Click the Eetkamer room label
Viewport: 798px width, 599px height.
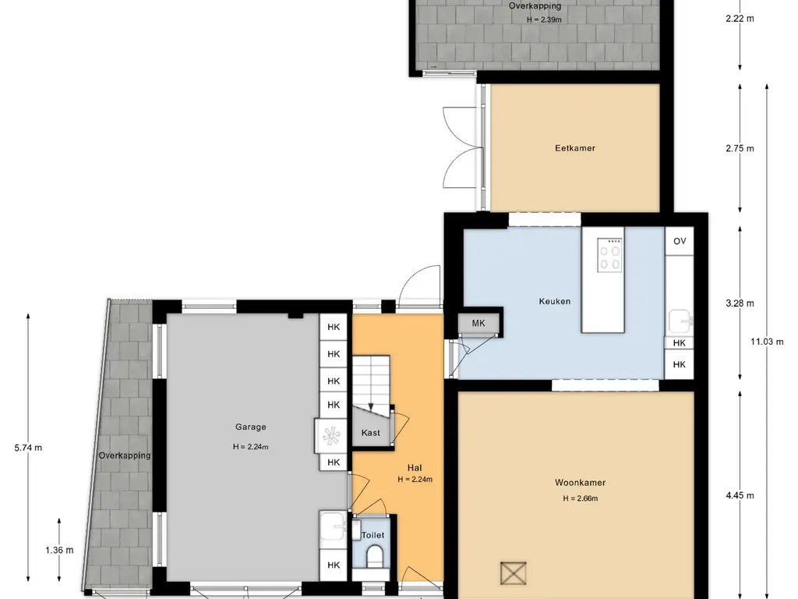pos(574,148)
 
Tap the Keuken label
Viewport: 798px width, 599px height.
pos(554,301)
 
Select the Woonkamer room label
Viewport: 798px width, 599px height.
pos(580,482)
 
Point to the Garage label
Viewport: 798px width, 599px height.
pos(250,427)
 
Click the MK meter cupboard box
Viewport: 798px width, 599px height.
pos(478,323)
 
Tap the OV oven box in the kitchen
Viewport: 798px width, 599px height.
pos(680,241)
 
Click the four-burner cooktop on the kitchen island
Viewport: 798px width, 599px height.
pos(610,254)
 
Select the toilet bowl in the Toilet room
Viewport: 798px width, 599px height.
pos(374,555)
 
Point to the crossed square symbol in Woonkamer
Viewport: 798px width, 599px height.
pos(513,573)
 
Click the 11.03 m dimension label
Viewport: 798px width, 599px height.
pos(767,342)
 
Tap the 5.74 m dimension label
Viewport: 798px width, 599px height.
pos(29,448)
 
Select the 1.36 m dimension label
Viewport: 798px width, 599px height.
pos(59,550)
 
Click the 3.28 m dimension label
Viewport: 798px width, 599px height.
pos(740,303)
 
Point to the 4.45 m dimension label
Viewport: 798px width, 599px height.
pos(740,495)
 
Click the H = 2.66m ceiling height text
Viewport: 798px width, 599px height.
pos(580,498)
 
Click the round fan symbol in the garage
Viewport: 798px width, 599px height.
pos(330,435)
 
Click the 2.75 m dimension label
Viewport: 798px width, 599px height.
pos(740,148)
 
